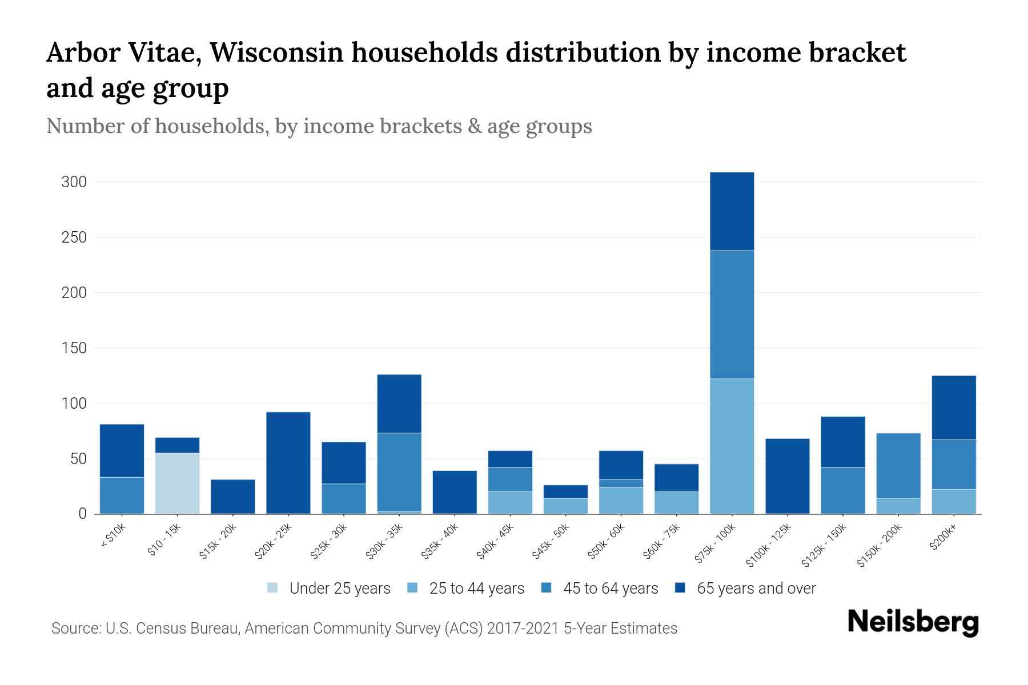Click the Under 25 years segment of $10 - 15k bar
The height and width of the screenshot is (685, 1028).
click(177, 483)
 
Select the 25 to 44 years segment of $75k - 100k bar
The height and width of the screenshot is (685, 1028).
click(732, 446)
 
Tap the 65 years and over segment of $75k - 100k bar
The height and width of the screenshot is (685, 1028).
click(732, 211)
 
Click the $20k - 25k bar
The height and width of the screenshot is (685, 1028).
click(288, 462)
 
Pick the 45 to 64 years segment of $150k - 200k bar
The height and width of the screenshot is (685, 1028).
click(898, 466)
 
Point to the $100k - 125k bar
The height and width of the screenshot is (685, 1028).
click(787, 476)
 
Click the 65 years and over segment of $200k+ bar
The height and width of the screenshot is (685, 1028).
click(953, 408)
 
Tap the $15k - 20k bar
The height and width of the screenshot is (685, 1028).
click(232, 496)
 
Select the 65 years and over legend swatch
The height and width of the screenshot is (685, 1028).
click(680, 589)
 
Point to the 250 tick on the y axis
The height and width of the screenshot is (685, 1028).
click(74, 237)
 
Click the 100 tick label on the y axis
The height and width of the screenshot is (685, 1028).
click(74, 404)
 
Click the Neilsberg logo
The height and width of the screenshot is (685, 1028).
click(913, 622)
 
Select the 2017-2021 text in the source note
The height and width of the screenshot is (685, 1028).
click(523, 628)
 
